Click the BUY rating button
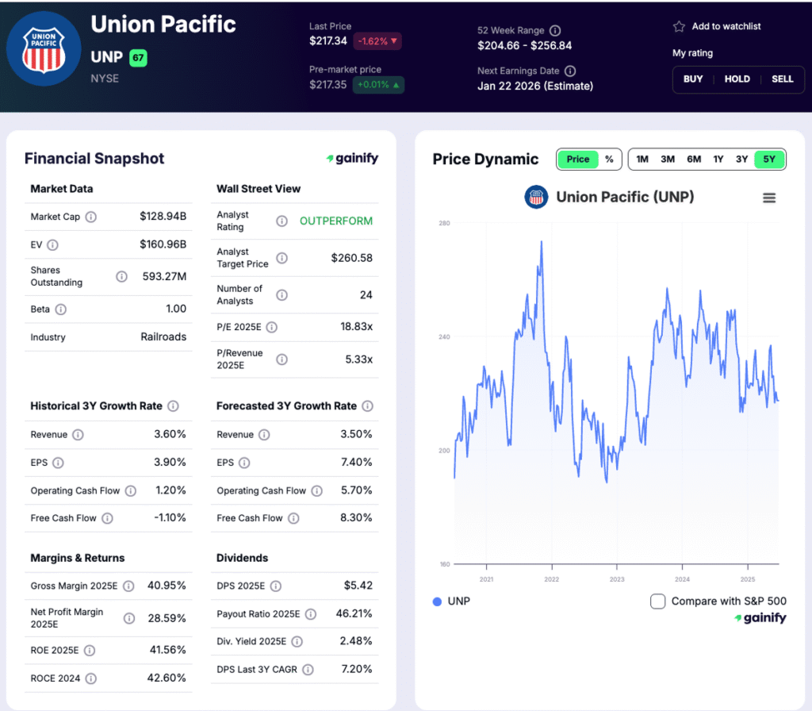point(693,79)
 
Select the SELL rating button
point(783,79)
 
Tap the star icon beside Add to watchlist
point(679,26)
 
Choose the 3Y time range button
point(741,159)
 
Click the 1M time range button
point(642,159)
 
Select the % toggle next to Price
point(609,159)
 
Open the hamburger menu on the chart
point(769,198)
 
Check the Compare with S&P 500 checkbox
point(657,601)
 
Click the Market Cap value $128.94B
point(163,217)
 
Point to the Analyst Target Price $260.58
point(351,258)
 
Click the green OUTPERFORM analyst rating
point(335,221)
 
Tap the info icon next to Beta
point(61,309)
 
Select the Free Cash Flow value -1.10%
point(170,518)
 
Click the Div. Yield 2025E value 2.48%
point(356,641)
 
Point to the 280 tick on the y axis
point(444,224)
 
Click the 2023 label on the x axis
point(617,579)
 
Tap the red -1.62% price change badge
point(377,41)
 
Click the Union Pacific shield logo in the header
point(44,48)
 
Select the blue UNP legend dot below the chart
point(437,601)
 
